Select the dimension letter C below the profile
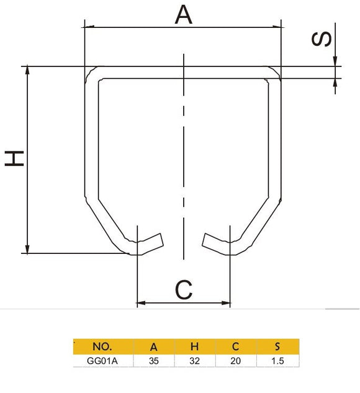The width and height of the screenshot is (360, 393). (x=184, y=289)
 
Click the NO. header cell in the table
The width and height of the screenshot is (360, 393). (x=101, y=346)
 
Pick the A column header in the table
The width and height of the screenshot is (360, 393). (x=154, y=346)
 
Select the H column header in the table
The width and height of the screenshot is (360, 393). (x=195, y=346)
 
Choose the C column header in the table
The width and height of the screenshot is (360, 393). (x=235, y=346)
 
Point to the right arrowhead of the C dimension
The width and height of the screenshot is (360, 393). (x=227, y=304)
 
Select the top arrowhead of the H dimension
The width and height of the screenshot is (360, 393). (x=28, y=70)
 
